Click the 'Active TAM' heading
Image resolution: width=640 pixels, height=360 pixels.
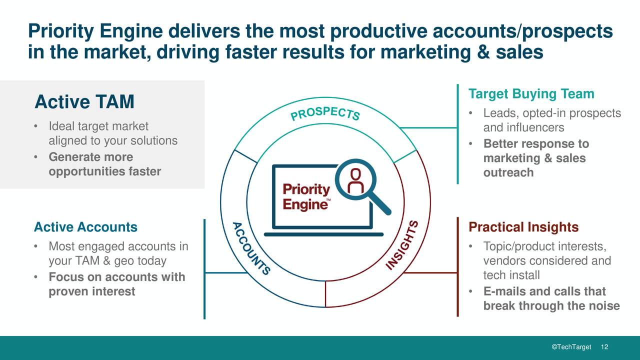tap(84, 102)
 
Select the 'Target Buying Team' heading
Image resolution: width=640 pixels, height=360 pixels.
tap(531, 94)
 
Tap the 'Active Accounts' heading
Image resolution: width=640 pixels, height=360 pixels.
tap(85, 227)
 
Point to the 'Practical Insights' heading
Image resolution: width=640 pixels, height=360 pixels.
tap(523, 227)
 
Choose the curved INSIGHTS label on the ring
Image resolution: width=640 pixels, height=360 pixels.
tap(403, 246)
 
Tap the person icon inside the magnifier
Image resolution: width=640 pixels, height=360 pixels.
tap(355, 180)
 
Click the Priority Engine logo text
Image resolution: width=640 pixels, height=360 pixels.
tap(306, 197)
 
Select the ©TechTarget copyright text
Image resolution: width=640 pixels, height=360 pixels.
tap(571, 347)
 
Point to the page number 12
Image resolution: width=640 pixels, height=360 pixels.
tap(604, 347)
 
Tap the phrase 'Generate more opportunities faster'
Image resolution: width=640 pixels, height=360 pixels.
tap(104, 164)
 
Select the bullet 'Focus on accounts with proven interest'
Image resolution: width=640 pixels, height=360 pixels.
tap(116, 284)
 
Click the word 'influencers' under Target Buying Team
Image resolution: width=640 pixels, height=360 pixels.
tap(523, 128)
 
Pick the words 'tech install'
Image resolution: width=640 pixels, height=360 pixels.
tap(511, 275)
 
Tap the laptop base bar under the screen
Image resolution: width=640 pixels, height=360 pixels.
tap(323, 234)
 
